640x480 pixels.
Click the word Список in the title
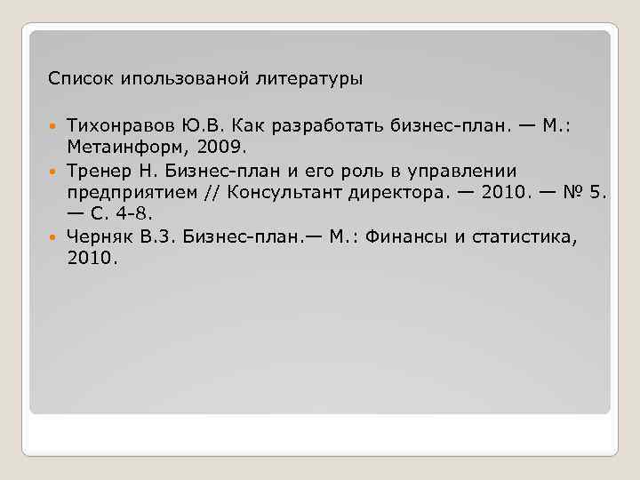[75, 79]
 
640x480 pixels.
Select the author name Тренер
[98, 170]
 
